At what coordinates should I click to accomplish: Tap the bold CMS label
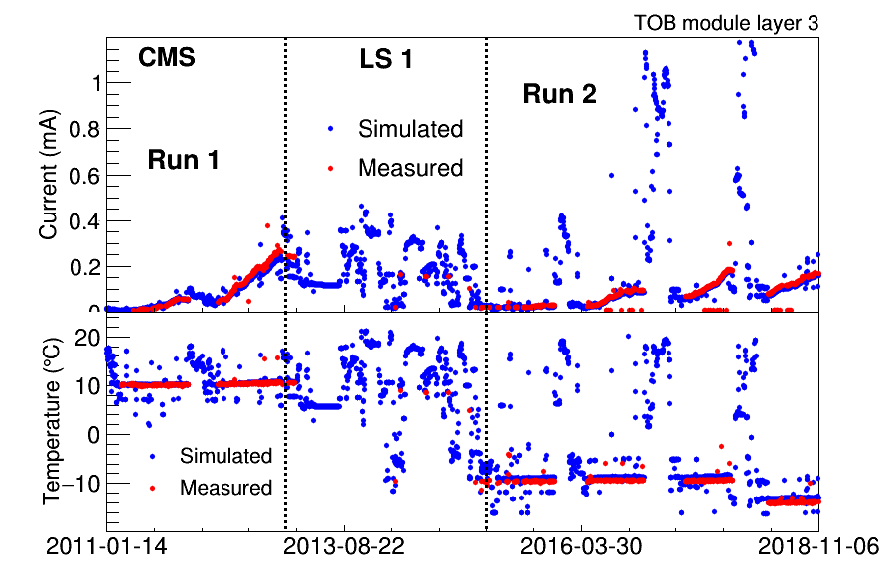pyautogui.click(x=166, y=58)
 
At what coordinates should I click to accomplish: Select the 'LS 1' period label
pyautogui.click(x=385, y=59)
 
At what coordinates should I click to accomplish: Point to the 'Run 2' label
pyautogui.click(x=560, y=95)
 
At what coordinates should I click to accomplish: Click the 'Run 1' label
pyautogui.click(x=183, y=159)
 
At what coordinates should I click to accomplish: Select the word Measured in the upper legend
pyautogui.click(x=410, y=168)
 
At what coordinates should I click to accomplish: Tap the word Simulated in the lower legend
pyautogui.click(x=225, y=456)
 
